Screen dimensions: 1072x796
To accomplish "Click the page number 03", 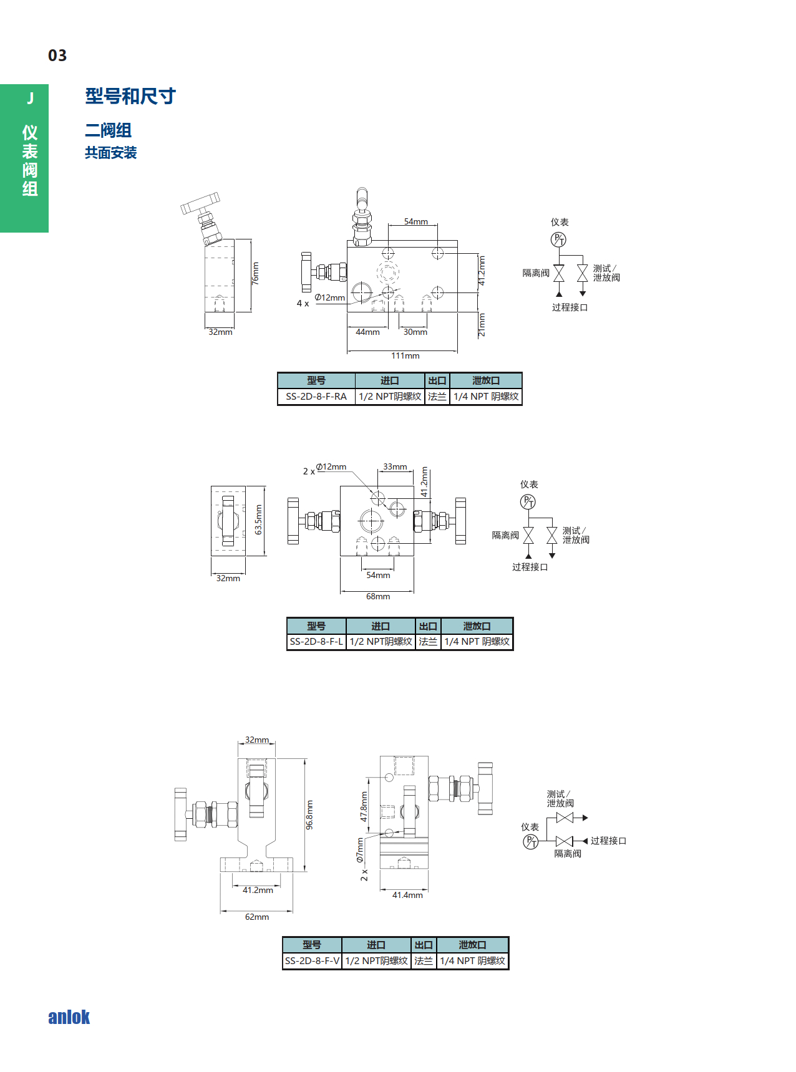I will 57,56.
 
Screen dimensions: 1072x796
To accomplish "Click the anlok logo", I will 69,1017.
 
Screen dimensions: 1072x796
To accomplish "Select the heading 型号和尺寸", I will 130,96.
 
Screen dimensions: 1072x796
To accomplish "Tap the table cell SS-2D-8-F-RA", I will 316,397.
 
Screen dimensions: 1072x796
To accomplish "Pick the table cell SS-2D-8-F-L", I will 316,642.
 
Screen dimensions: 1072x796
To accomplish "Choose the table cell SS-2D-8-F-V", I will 312,961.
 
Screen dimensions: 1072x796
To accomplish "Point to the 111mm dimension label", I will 405,356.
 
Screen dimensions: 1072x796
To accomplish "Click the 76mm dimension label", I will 255,273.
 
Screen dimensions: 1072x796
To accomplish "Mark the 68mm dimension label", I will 378,597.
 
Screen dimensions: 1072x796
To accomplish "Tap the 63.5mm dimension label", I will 258,519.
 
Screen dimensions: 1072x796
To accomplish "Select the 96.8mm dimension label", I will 309,814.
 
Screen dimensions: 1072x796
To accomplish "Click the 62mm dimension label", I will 257,917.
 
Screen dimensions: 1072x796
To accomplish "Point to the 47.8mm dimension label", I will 364,806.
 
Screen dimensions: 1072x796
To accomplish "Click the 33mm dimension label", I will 395,466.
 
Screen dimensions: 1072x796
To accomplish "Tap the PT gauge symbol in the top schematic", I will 558,239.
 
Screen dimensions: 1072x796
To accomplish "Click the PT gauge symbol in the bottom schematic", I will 530,842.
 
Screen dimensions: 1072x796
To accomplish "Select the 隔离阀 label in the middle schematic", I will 505,535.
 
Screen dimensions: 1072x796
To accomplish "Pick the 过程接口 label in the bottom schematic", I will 608,841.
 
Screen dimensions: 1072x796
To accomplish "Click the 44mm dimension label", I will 367,332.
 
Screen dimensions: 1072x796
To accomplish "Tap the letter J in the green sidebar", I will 30,99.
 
